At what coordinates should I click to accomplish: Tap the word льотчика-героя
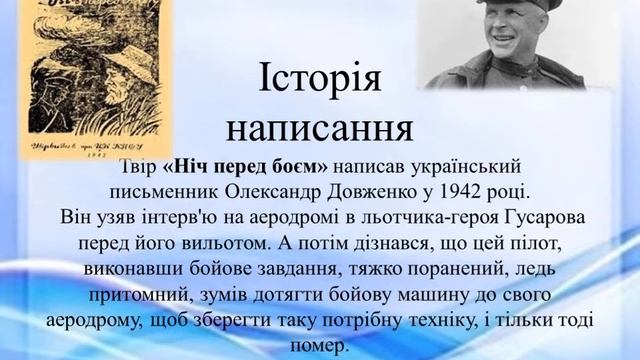(425, 216)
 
